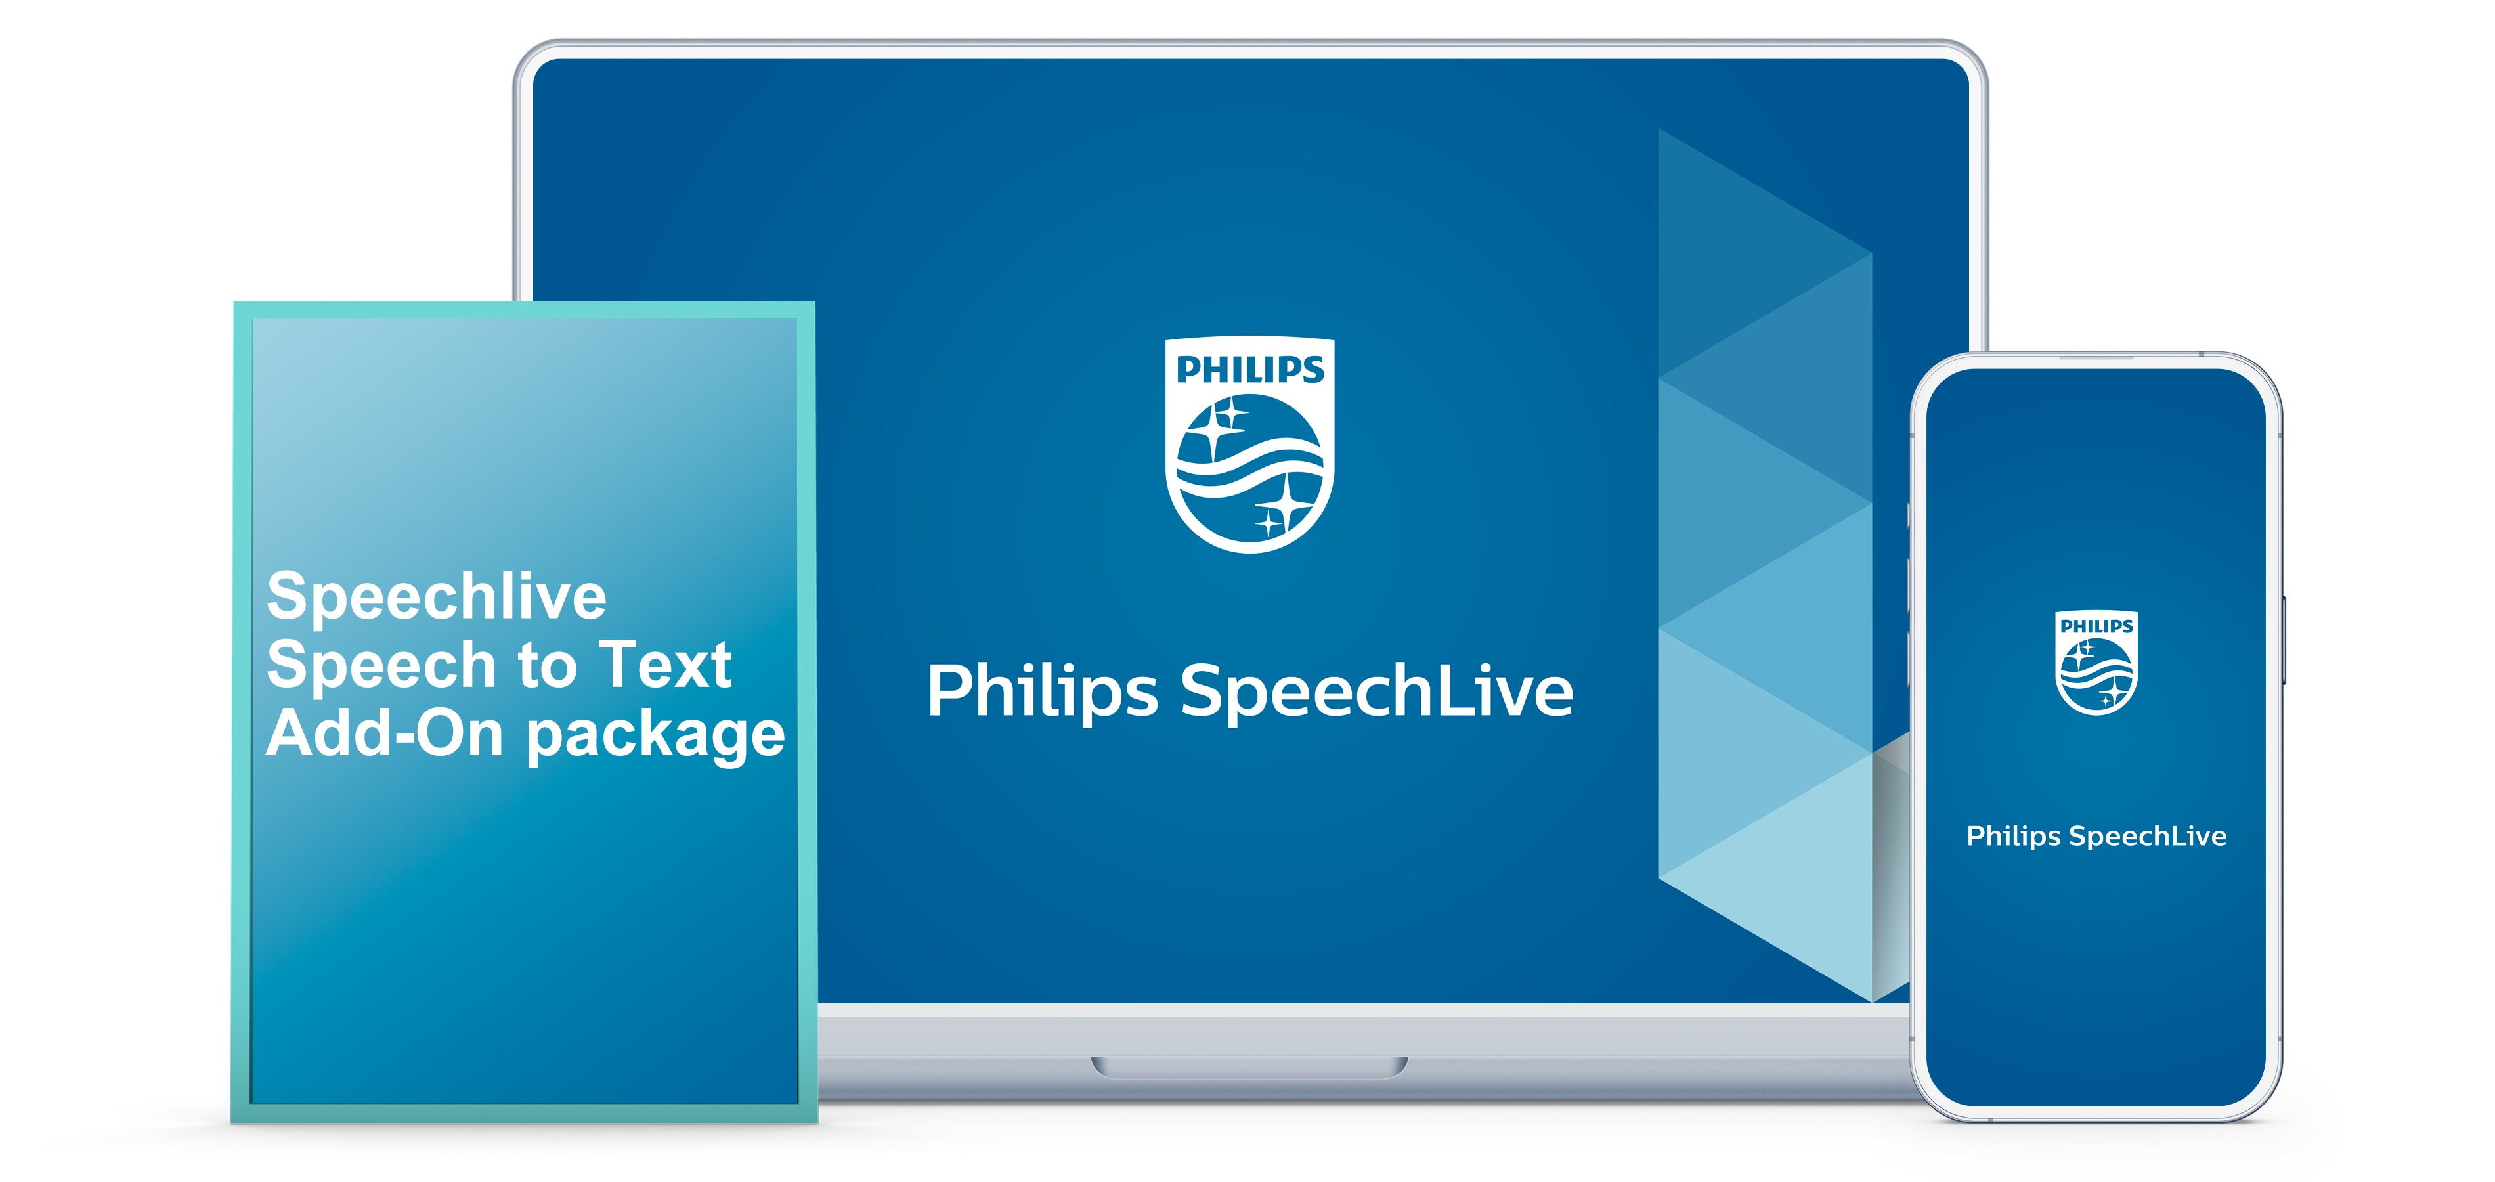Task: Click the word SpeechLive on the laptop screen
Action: pyautogui.click(x=1376, y=691)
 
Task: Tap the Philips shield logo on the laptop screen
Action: pyautogui.click(x=1249, y=444)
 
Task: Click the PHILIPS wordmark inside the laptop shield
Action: pyautogui.click(x=1249, y=369)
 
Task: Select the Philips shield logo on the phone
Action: pyautogui.click(x=2096, y=663)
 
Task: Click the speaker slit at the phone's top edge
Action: pyautogui.click(x=2096, y=357)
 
